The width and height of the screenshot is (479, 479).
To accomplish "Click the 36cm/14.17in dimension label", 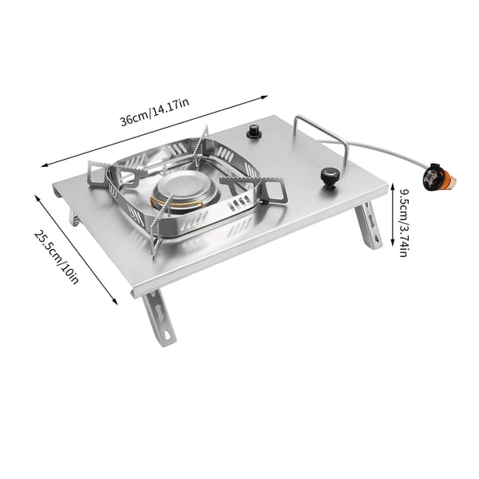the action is [x=155, y=112].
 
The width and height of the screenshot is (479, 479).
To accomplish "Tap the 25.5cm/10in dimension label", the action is [x=57, y=257].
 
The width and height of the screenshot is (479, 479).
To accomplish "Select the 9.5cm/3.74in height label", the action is [x=404, y=224].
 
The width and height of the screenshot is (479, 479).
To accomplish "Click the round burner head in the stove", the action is [x=185, y=192].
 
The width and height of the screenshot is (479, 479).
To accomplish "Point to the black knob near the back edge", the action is [x=254, y=132].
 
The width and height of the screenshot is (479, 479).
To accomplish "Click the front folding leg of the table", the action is [x=159, y=318].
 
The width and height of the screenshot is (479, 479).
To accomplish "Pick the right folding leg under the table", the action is [x=369, y=225].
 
